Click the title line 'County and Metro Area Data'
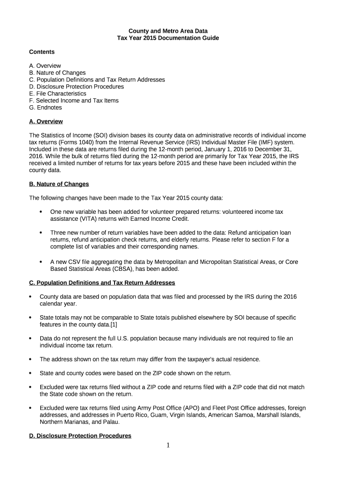coord(168,31)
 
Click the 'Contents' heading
coord(42,52)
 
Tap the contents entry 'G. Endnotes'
coord(45,108)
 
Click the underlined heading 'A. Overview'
coord(46,122)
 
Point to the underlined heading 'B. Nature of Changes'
coord(59,184)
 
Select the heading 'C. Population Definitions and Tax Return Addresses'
coord(102,283)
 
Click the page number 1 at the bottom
coord(168,445)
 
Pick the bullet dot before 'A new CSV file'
coord(41,262)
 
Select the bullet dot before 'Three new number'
coord(41,232)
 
